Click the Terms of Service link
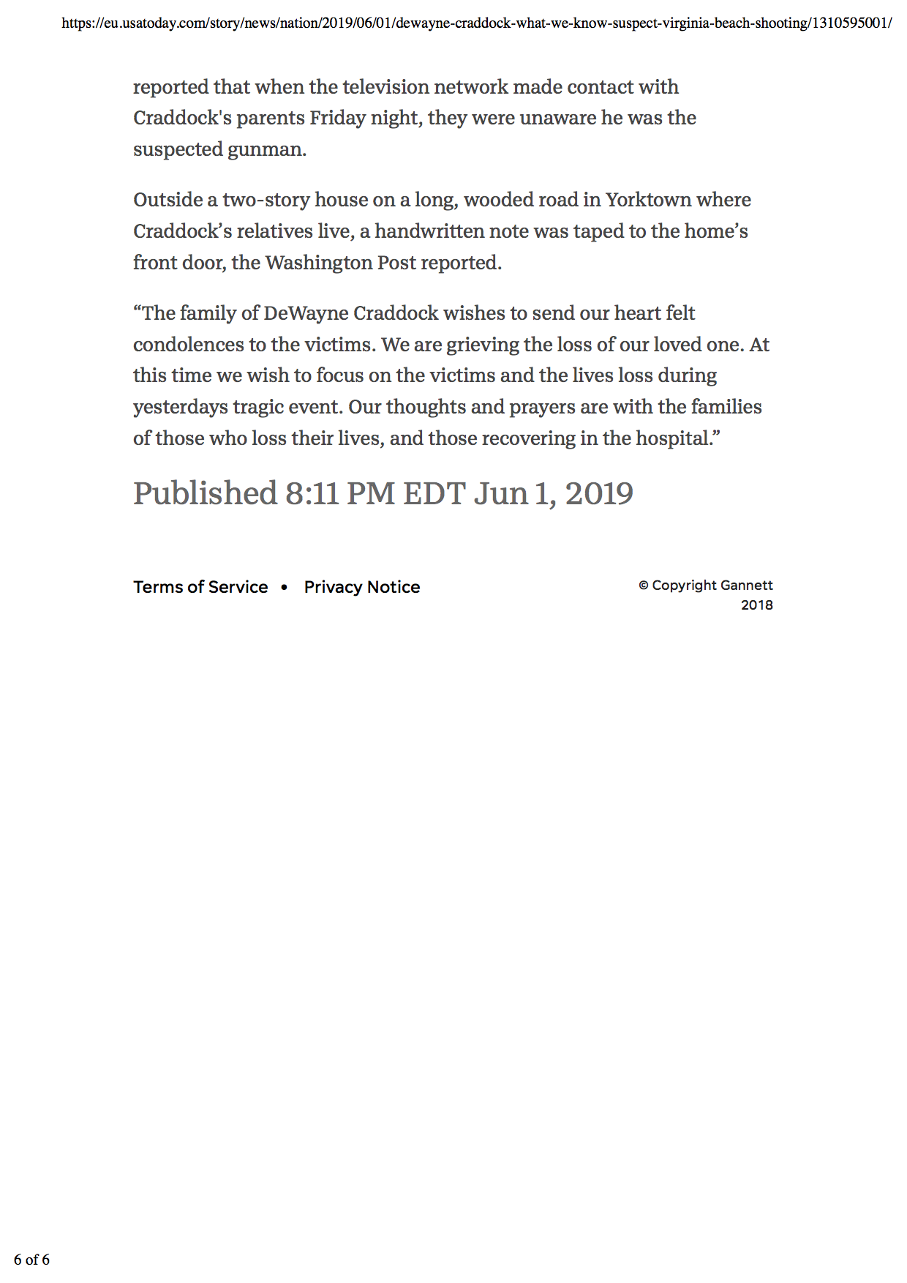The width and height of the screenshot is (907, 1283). pos(200,587)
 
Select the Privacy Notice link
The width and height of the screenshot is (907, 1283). pos(362,587)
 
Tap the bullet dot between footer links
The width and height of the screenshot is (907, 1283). pos(284,587)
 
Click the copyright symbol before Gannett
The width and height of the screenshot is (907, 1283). pos(644,586)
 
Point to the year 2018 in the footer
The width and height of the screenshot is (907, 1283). pos(756,605)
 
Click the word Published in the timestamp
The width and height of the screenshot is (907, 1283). pos(205,493)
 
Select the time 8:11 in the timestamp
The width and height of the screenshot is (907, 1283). pos(312,493)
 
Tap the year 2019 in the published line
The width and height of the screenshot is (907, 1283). pos(599,493)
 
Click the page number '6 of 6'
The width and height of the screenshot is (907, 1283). pos(31,1260)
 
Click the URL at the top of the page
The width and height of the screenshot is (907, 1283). pos(476,23)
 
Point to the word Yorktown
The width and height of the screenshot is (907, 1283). pos(648,200)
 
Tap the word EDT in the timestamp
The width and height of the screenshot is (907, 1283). pos(434,493)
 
